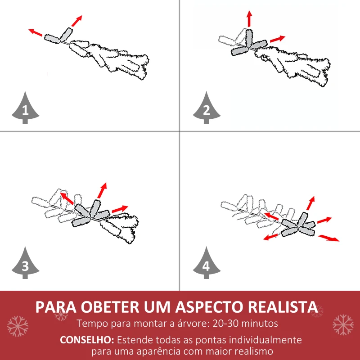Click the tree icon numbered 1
[x=25, y=108]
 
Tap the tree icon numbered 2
[x=207, y=108]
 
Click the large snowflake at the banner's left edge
[x=18, y=326]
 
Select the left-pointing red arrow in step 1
[x=36, y=32]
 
